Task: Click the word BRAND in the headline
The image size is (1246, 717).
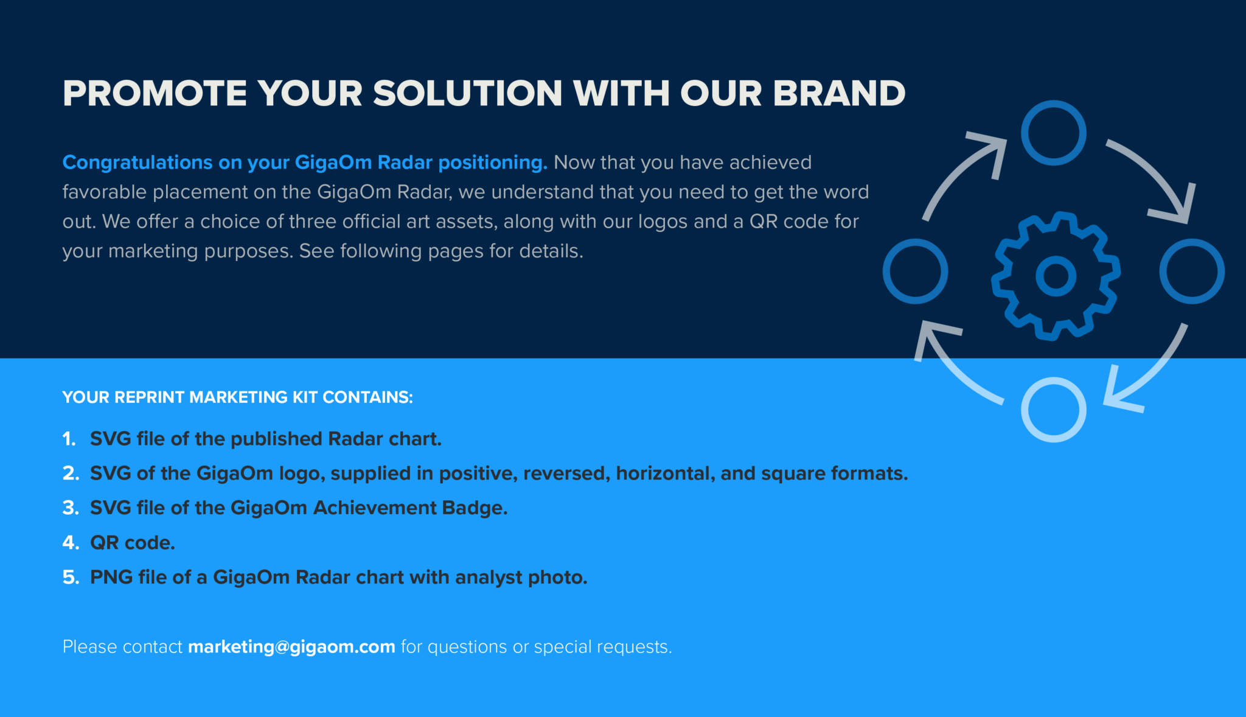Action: (x=839, y=93)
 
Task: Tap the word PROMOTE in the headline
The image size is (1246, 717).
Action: (x=155, y=93)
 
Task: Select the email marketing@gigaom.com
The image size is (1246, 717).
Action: (x=291, y=646)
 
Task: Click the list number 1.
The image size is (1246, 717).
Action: (x=69, y=438)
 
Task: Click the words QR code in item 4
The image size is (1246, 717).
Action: (x=133, y=542)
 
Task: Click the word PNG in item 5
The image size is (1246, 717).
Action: (x=111, y=577)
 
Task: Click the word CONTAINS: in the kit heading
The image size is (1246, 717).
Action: (x=367, y=397)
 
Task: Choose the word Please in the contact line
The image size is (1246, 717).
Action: (x=89, y=646)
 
